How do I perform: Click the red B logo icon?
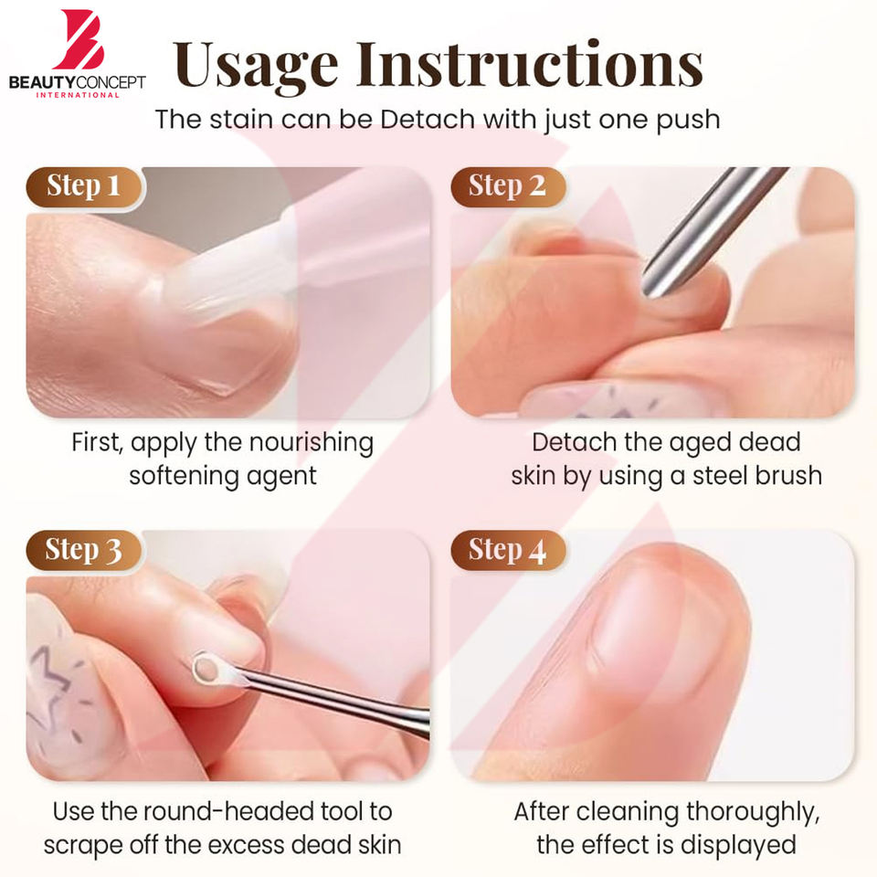click(79, 39)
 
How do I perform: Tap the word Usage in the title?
click(255, 66)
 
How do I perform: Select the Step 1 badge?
click(84, 186)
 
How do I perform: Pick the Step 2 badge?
click(507, 186)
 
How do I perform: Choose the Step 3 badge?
click(84, 550)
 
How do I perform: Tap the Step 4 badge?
click(507, 550)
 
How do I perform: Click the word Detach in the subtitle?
click(428, 119)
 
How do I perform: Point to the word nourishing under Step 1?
click(311, 444)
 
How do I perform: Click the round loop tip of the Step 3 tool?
click(207, 669)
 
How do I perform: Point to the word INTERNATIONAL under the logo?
click(78, 95)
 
